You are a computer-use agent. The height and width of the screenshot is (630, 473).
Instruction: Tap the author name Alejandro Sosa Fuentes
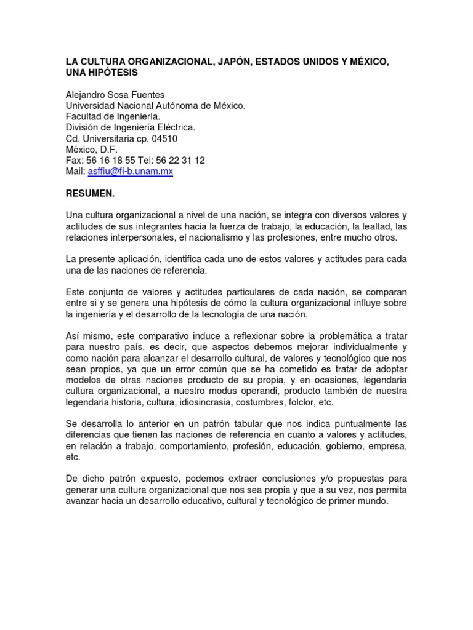click(115, 95)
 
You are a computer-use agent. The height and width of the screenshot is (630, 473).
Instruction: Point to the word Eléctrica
click(175, 127)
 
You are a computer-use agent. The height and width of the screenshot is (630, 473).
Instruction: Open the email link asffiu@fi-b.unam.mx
click(130, 172)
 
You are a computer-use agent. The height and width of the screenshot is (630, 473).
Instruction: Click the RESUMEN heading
click(90, 193)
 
